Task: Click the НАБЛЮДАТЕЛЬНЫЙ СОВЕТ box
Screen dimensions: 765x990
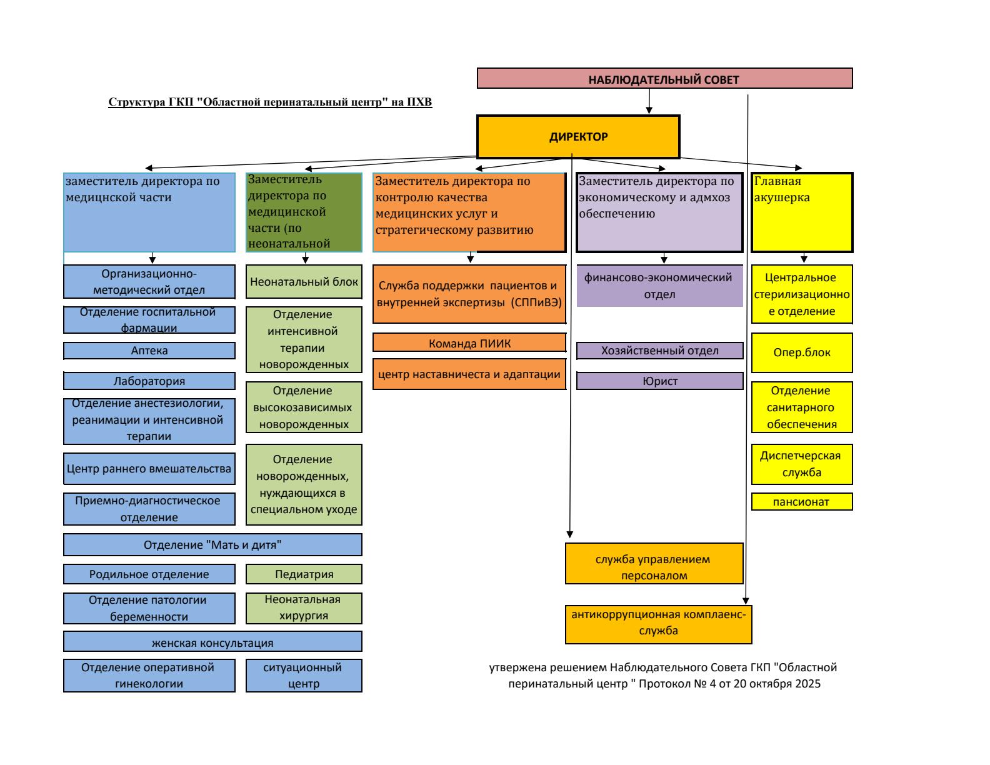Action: pyautogui.click(x=664, y=79)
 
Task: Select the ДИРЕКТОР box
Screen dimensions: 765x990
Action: pyautogui.click(x=578, y=137)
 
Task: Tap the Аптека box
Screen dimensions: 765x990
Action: pyautogui.click(x=149, y=351)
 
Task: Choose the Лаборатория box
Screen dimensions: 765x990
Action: pyautogui.click(x=149, y=381)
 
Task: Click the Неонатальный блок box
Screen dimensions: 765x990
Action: pyautogui.click(x=304, y=281)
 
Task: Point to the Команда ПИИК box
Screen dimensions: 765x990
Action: pyautogui.click(x=469, y=342)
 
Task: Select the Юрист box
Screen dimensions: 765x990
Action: pyautogui.click(x=659, y=381)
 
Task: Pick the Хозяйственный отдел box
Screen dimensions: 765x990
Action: pyautogui.click(x=659, y=351)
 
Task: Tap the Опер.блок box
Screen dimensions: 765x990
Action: pyautogui.click(x=802, y=352)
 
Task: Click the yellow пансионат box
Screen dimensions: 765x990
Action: pyautogui.click(x=802, y=502)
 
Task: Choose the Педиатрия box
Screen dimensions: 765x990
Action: pyautogui.click(x=304, y=574)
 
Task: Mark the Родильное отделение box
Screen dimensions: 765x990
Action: pyautogui.click(x=149, y=574)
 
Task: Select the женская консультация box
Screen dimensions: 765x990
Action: pyautogui.click(x=212, y=642)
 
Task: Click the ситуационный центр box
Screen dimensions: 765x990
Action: pyautogui.click(x=304, y=675)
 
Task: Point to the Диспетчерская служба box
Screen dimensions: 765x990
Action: pyautogui.click(x=802, y=464)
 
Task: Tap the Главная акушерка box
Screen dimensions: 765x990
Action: pyautogui.click(x=802, y=212)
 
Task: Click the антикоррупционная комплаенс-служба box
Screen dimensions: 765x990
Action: pyautogui.click(x=658, y=623)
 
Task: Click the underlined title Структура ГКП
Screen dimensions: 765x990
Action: pyautogui.click(x=271, y=102)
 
